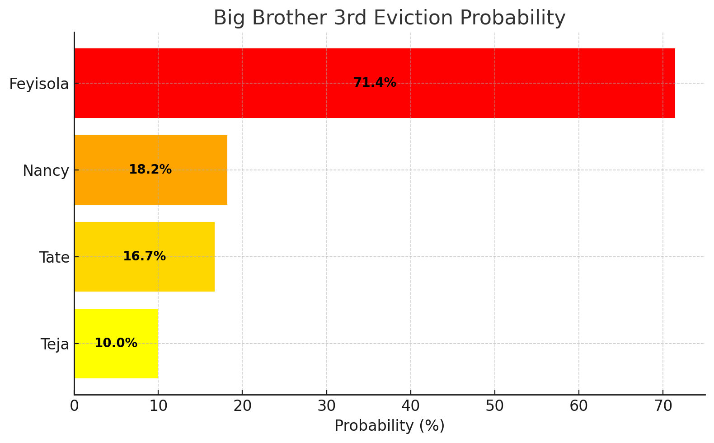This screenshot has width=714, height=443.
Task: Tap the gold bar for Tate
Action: [190, 257]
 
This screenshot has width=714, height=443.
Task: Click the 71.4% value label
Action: [375, 83]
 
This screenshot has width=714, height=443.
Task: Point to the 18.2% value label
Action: [150, 170]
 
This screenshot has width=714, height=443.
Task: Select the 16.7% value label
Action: [144, 256]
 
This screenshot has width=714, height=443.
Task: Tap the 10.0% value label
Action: [116, 343]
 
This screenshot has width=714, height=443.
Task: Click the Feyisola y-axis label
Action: [39, 84]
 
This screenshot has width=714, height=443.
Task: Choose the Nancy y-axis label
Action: [46, 171]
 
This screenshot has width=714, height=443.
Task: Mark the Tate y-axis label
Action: [54, 258]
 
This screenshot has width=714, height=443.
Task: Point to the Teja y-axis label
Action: [55, 344]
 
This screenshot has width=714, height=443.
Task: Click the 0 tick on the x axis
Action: [74, 406]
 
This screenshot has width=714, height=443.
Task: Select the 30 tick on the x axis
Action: [326, 406]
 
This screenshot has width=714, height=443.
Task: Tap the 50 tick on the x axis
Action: [494, 406]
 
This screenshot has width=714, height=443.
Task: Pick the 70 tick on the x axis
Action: [662, 406]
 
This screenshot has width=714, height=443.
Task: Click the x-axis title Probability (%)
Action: [389, 426]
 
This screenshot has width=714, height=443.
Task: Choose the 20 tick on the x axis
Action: [242, 406]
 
